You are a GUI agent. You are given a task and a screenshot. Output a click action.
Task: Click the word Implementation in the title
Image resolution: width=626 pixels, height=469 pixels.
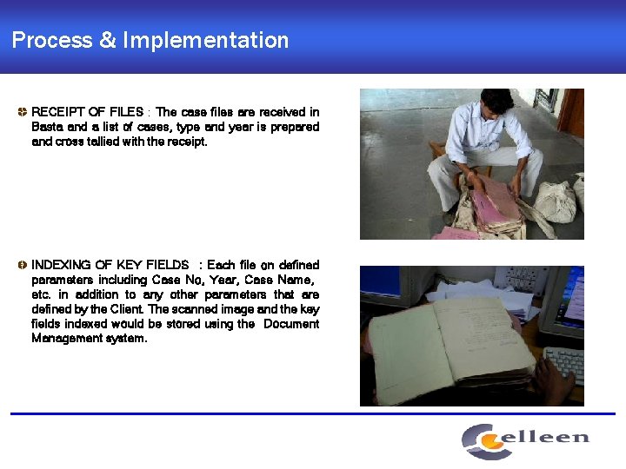(x=205, y=40)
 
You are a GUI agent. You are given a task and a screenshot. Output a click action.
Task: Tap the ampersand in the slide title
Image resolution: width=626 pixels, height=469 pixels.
(x=107, y=40)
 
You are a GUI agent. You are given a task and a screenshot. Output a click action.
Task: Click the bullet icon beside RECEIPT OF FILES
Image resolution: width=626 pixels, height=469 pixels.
(x=22, y=112)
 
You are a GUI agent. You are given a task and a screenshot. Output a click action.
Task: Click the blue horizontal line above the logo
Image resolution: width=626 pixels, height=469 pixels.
(x=313, y=413)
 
